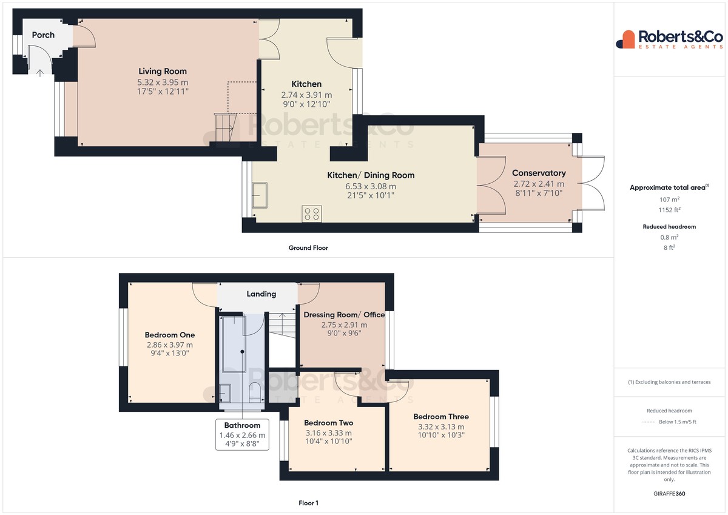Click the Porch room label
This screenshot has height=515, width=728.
coord(43,35)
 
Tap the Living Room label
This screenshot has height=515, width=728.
coord(163,71)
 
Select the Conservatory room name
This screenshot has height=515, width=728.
coord(539,173)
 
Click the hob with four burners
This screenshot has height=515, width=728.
coord(312,214)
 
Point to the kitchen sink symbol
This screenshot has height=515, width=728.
coord(260,195)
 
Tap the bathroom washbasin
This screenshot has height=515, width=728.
coord(225,394)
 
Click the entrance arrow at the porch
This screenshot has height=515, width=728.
coord(39,73)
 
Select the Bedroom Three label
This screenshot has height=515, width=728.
coord(441,417)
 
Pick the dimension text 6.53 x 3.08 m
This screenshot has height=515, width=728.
coord(371,186)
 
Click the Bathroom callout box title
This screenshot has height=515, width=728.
coord(242,425)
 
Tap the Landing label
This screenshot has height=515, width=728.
coord(261,294)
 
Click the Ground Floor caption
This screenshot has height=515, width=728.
coord(308,248)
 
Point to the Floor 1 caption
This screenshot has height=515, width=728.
coord(308,503)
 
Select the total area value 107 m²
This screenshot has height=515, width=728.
coord(669,200)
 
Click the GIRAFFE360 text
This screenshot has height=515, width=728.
coord(669,494)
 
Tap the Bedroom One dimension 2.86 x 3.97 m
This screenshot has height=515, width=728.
coord(170,345)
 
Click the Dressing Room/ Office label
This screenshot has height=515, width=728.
coord(344,315)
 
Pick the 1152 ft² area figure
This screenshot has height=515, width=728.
coord(669,210)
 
